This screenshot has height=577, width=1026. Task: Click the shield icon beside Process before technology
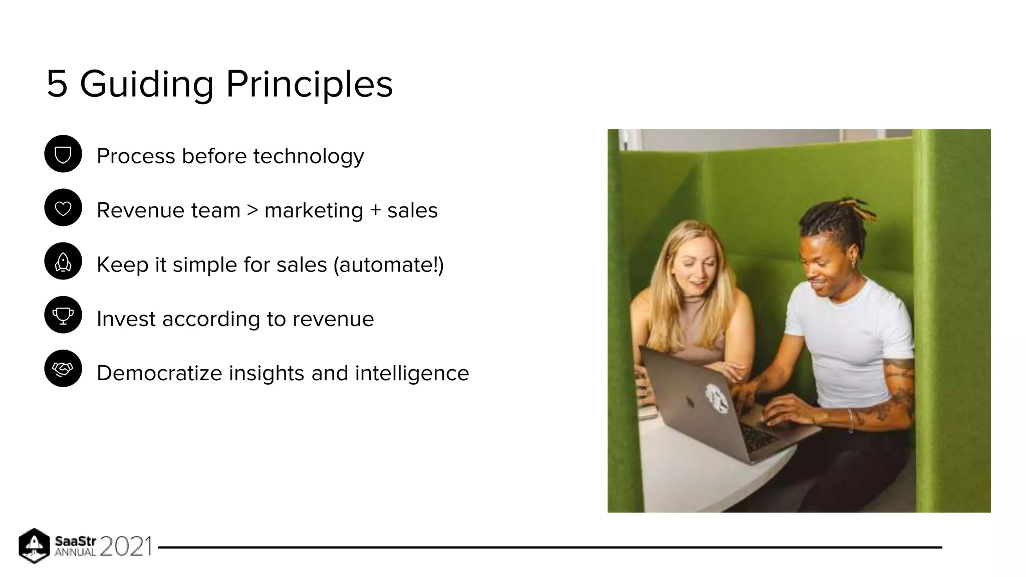(x=63, y=154)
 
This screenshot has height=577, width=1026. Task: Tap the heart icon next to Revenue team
(x=63, y=208)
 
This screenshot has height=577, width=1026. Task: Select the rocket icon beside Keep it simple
(x=63, y=261)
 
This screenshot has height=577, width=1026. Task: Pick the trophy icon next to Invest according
(x=63, y=315)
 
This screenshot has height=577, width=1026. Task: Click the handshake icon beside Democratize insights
(x=63, y=369)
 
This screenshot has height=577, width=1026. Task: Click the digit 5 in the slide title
(x=57, y=84)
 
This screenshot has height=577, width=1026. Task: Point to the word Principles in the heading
(x=309, y=84)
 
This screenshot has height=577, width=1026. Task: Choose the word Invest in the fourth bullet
(x=126, y=319)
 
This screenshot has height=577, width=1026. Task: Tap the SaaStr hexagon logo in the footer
(x=34, y=545)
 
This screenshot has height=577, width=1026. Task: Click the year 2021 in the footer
(x=126, y=546)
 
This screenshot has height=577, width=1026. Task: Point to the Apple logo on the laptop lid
(x=690, y=401)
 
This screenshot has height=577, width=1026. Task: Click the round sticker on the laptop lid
(x=717, y=398)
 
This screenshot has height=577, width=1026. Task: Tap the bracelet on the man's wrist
(x=850, y=419)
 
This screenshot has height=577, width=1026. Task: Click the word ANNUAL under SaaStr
(x=75, y=552)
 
